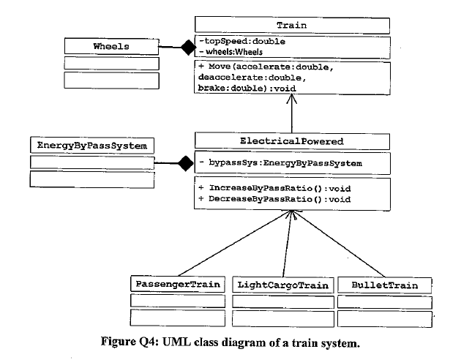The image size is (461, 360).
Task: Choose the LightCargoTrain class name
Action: [282, 284]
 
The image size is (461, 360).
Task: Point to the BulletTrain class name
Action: [384, 284]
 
